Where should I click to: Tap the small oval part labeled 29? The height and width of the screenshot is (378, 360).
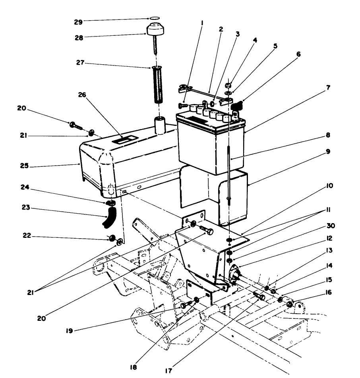[155, 18]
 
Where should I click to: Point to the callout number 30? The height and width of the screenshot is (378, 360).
[331, 226]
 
